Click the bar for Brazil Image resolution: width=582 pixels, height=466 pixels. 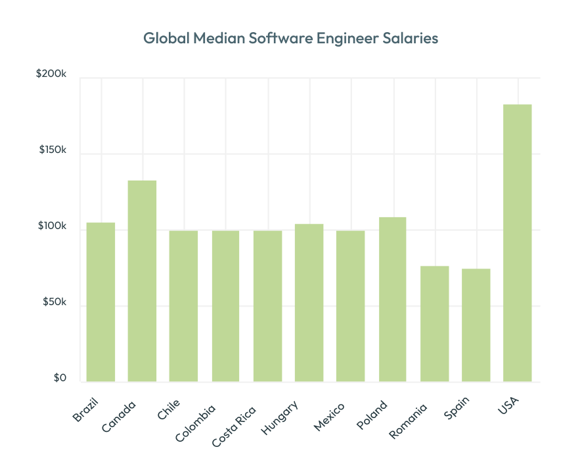coord(101,302)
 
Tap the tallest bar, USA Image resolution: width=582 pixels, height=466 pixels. coord(517,243)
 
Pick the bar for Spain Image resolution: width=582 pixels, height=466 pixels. coord(476,325)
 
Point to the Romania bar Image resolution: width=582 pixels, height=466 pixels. coord(434,324)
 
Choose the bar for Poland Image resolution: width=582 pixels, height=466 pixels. coord(392,299)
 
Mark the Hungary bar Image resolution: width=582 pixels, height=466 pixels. coord(309,303)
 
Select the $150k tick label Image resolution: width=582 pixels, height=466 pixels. coord(52,150)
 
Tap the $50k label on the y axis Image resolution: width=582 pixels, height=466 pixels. coord(54,303)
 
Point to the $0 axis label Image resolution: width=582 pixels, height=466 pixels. coord(60,378)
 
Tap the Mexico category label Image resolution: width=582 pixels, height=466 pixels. coord(329,416)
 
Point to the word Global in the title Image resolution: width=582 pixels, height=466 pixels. coord(166,39)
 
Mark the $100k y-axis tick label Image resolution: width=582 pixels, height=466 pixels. coord(52,226)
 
